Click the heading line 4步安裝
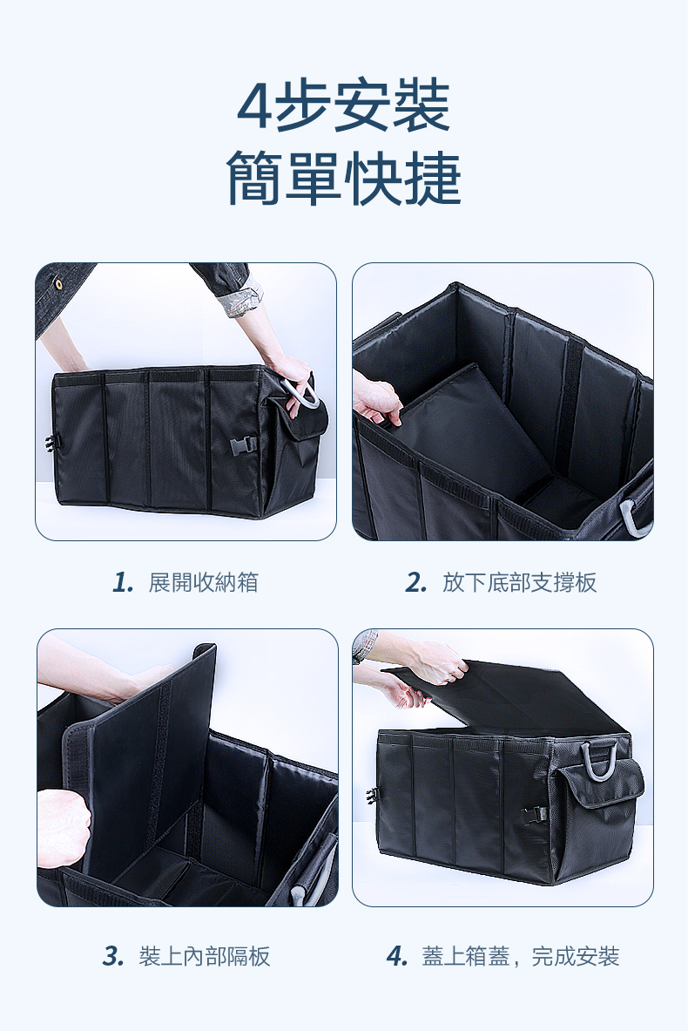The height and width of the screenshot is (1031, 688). click(344, 105)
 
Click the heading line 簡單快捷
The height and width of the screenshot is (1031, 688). click(344, 178)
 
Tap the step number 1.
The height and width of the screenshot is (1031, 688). click(123, 582)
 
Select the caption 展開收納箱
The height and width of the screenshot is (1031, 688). click(204, 582)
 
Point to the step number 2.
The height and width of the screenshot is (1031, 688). click(416, 582)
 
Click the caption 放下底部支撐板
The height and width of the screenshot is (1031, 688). click(519, 582)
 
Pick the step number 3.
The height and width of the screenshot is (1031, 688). click(114, 956)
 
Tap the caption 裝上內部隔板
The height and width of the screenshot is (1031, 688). click(205, 956)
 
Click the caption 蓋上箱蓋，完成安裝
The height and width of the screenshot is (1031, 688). click(521, 956)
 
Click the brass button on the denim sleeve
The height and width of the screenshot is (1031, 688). click(59, 284)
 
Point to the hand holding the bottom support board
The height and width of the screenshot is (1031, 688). click(377, 397)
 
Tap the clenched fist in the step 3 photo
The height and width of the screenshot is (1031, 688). click(64, 828)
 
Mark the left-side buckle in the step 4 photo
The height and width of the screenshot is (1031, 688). click(371, 797)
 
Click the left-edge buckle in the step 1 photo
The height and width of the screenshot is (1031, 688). click(50, 444)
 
